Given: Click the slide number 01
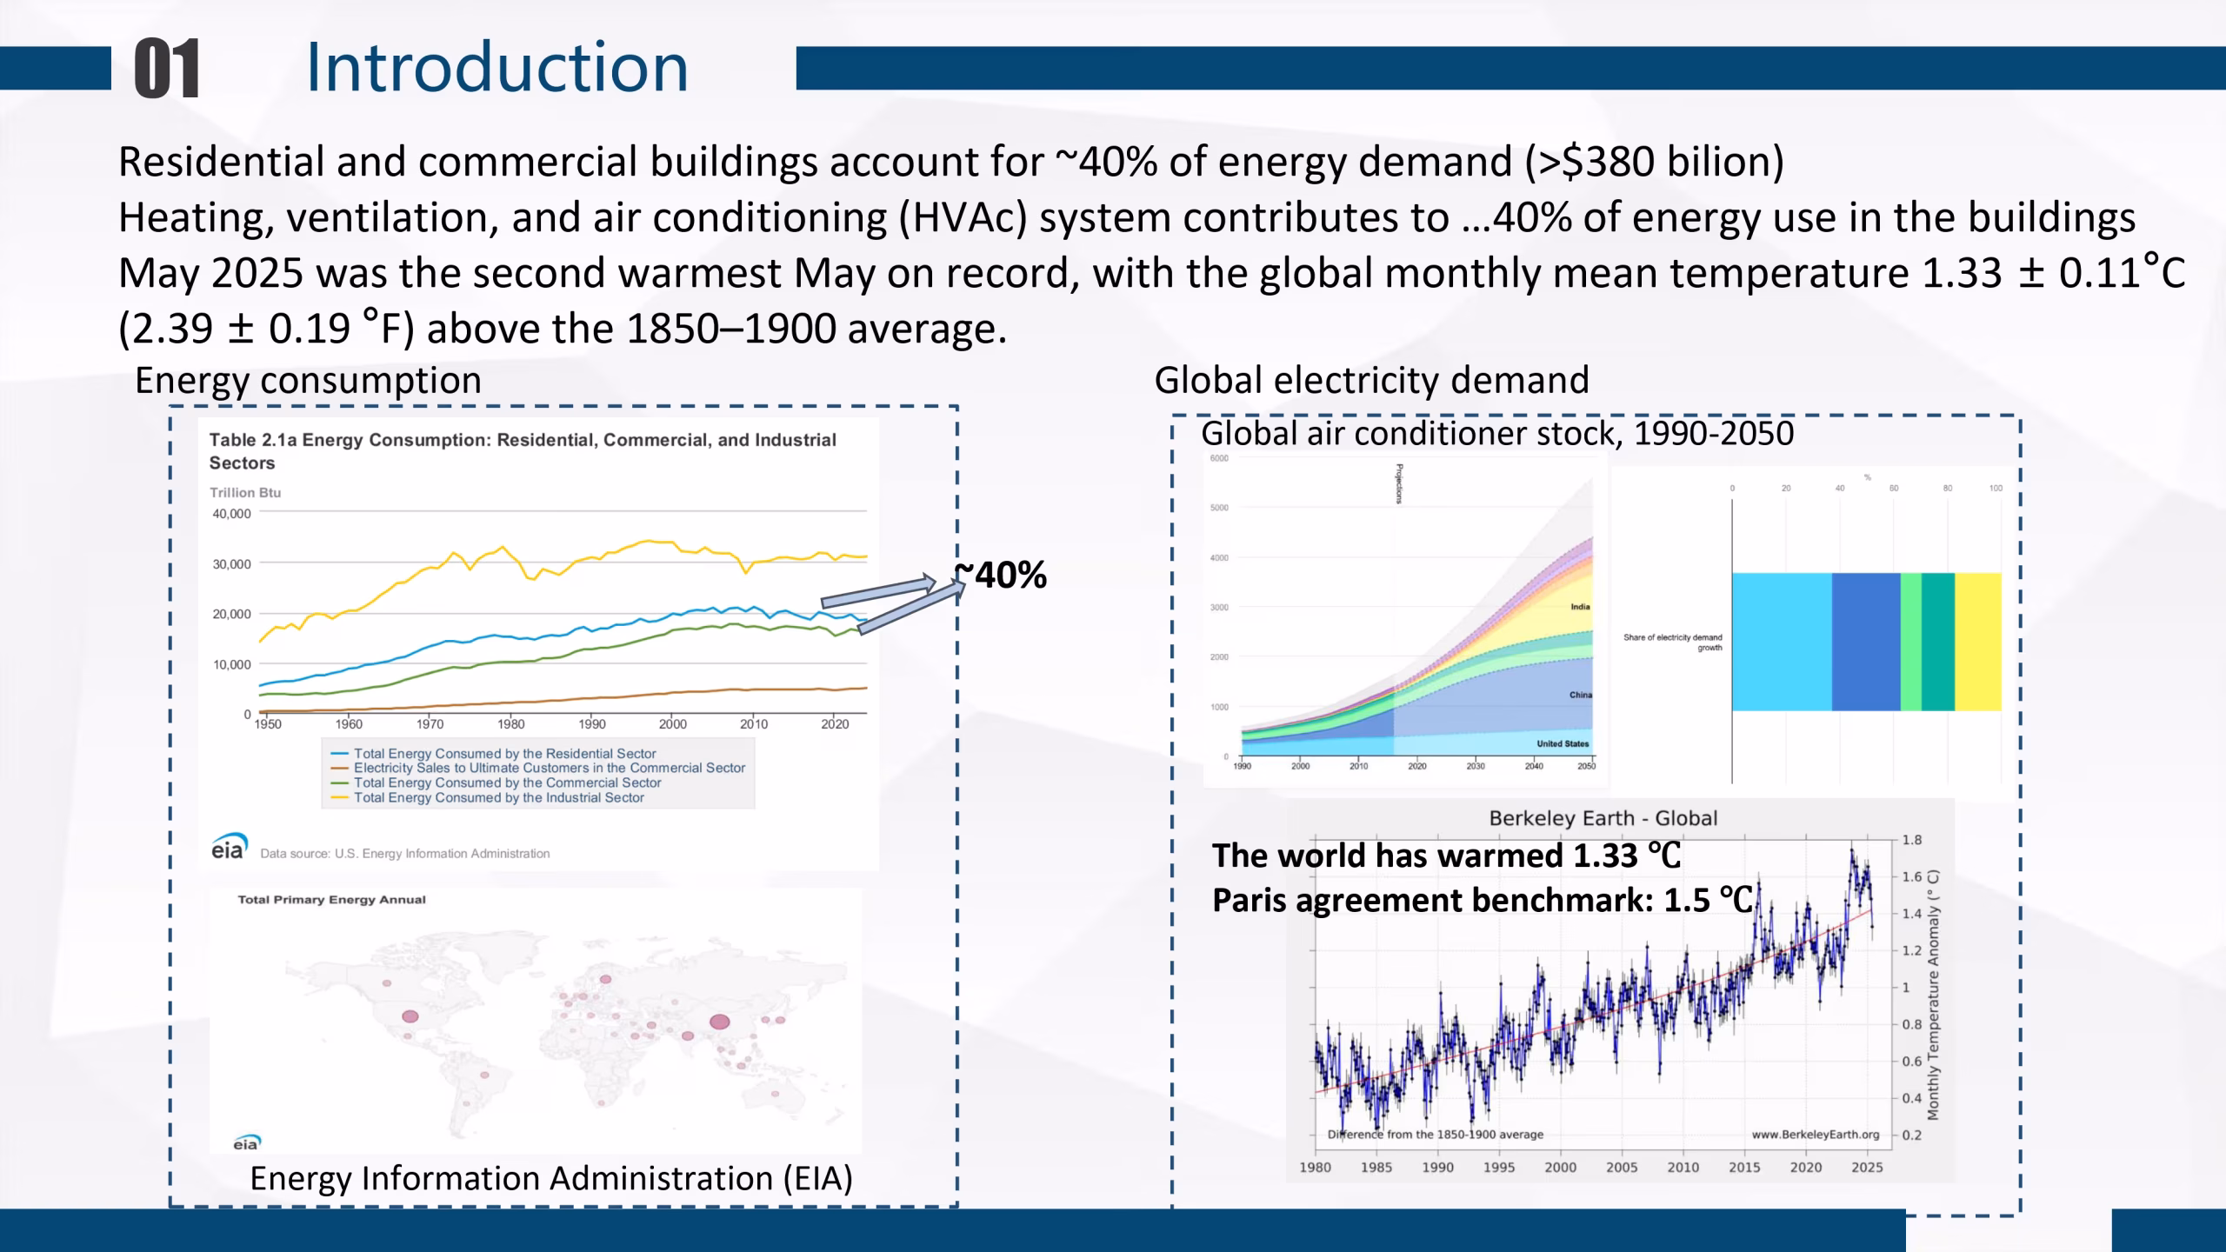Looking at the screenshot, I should pos(167,68).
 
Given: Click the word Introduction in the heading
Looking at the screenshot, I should pos(497,67).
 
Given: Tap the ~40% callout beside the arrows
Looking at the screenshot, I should pos(1002,576).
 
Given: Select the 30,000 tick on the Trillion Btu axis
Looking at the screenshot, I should pos(231,563).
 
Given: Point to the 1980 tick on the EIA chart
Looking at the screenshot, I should pos(510,724).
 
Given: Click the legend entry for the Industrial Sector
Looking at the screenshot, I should pos(498,797).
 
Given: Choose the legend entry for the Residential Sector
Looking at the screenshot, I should pos(504,754).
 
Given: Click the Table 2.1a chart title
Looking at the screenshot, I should pos(522,450).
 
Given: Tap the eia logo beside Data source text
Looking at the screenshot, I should pos(229,847).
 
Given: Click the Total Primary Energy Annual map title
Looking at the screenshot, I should pos(331,900).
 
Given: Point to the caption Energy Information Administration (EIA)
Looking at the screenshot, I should pos(551,1178).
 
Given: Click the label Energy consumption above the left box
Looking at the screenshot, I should pos(308,381).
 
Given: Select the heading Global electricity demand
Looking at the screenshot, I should pos(1371,381).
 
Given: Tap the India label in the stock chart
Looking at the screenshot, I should pos(1580,607).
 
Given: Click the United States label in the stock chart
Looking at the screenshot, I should pos(1562,743).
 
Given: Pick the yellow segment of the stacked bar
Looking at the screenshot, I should pos(1977,642).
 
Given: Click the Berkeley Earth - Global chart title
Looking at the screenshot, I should pos(1603,818).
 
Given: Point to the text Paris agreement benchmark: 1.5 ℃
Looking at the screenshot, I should pos(1482,901).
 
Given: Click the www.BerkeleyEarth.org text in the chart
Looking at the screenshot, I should pos(1815,1135).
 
